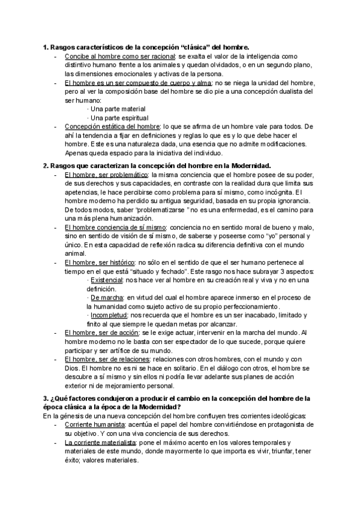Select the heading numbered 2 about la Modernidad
[157, 165]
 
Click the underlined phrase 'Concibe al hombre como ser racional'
[120, 56]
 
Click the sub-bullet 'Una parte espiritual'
[118, 118]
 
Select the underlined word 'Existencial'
[106, 280]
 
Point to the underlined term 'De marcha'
[106, 298]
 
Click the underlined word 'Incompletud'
[108, 315]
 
